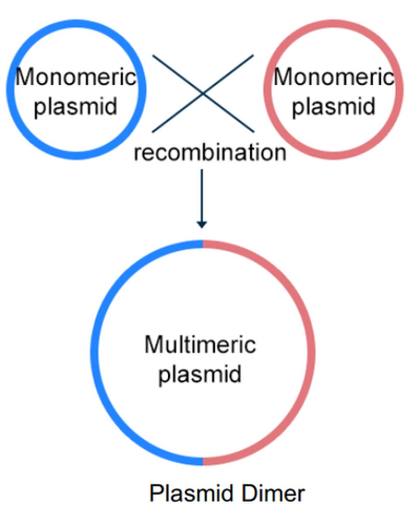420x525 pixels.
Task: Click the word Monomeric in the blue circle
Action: click(75, 78)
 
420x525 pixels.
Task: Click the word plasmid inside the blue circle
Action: click(75, 106)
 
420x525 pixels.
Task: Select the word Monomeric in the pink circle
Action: click(333, 78)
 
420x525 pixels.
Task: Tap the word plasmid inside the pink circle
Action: click(333, 106)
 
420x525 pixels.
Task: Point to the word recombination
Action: click(210, 153)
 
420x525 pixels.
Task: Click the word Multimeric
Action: click(200, 344)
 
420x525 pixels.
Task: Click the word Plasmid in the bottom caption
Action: click(183, 493)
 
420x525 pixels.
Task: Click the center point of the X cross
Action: click(203, 93)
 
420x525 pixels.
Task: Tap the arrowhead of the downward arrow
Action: click(201, 224)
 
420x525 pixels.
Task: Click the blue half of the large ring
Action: click(94, 352)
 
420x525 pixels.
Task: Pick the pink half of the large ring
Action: click(311, 352)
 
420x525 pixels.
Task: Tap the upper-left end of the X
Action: click(153, 56)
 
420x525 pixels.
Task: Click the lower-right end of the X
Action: click(252, 131)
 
